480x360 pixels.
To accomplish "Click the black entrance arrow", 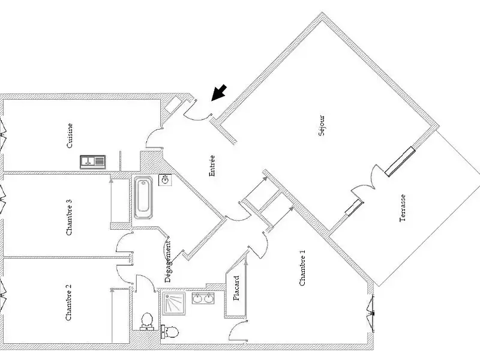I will pos(220,92).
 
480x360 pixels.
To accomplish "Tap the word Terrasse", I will pos(403,208).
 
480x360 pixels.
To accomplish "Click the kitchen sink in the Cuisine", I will pos(92,161).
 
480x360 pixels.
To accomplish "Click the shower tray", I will pos(175,303).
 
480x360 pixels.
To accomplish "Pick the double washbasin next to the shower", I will pos(203,298).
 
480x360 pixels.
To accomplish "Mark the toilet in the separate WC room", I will pos(145,323).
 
